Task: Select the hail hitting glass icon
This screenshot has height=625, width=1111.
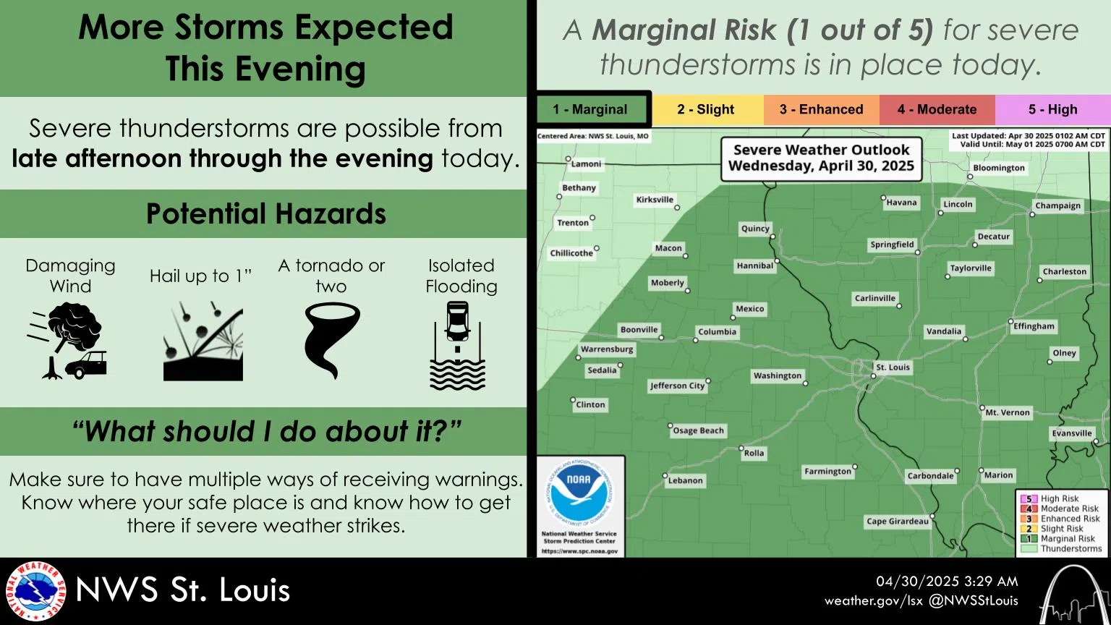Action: tap(203, 341)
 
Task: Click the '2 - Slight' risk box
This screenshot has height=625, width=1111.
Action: tap(706, 110)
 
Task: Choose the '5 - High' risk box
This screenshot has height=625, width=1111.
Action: tap(1052, 110)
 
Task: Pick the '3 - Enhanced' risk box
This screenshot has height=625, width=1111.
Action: tap(821, 110)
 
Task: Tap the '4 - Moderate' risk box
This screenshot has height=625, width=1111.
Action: tap(937, 110)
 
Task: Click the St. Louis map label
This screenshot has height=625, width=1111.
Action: tap(893, 367)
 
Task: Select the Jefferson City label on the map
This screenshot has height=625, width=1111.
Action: tap(677, 386)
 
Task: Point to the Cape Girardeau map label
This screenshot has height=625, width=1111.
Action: tap(897, 522)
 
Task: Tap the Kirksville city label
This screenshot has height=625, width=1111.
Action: tap(655, 200)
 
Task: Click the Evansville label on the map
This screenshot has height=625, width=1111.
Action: tap(1071, 433)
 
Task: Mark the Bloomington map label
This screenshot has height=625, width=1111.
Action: tap(998, 168)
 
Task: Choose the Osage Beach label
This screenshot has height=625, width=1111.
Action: tap(698, 430)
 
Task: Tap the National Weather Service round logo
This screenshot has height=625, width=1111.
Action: tap(35, 591)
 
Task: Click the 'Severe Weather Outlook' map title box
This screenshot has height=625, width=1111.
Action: tap(821, 158)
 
